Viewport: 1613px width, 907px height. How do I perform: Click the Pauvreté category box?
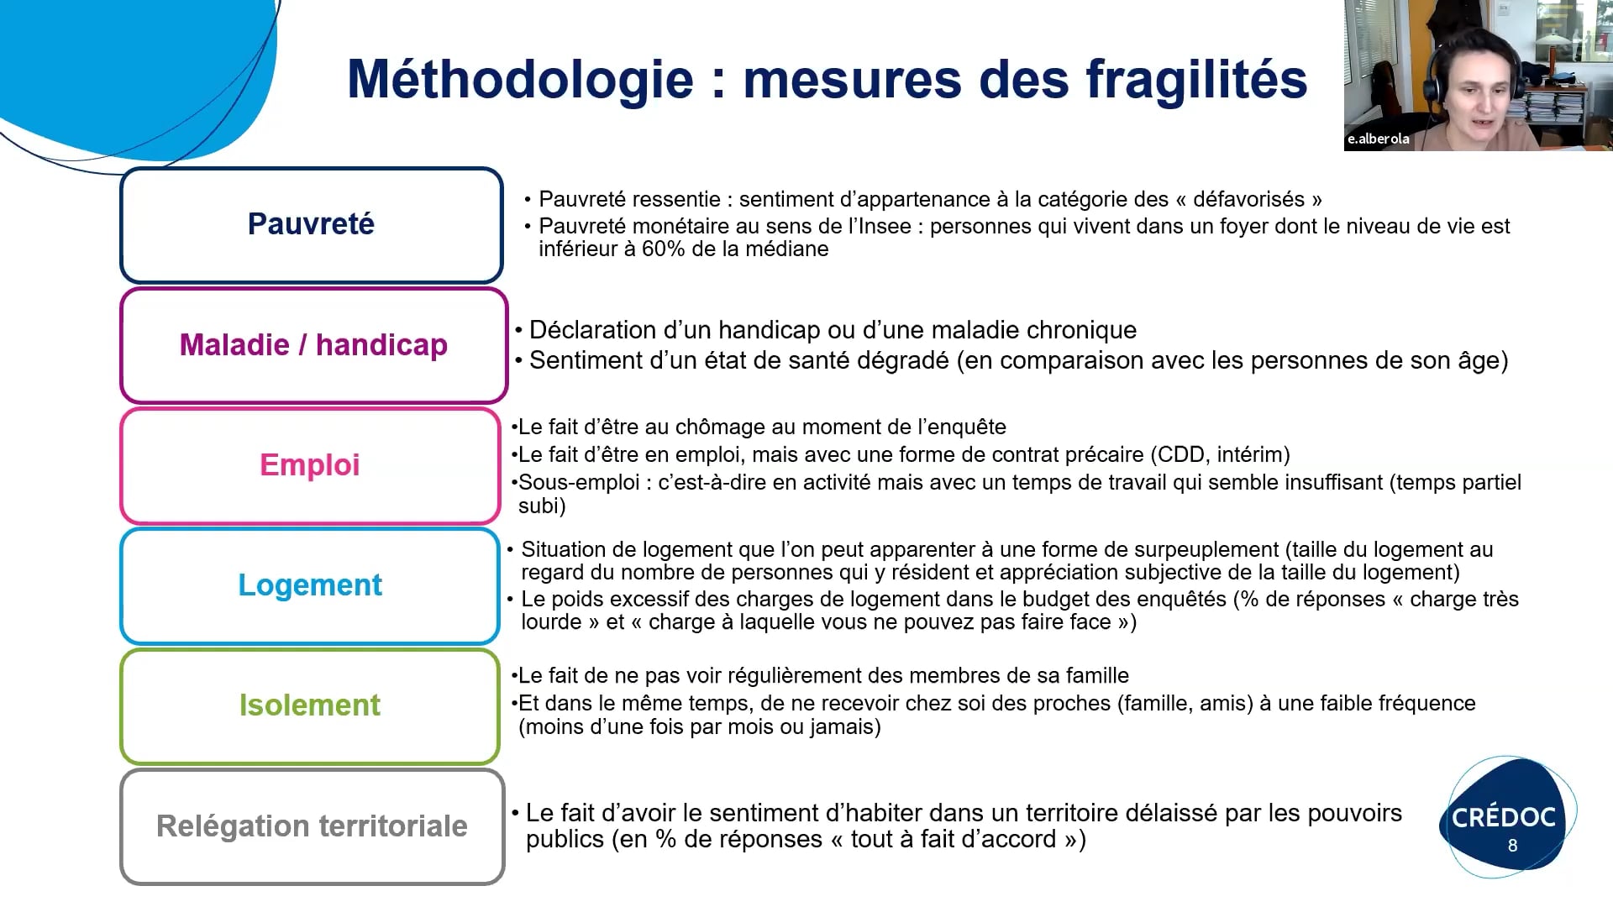(312, 225)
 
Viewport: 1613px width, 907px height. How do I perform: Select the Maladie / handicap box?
(313, 345)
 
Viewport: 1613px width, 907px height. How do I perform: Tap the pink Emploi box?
(310, 465)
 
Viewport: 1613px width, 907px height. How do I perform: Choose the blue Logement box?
(310, 585)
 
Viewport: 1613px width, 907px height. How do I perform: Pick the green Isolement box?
(310, 705)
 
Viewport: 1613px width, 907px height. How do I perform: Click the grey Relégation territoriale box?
(312, 826)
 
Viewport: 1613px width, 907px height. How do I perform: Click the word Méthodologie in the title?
(521, 80)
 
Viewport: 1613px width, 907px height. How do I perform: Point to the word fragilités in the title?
(1196, 80)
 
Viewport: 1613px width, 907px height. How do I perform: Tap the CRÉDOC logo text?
(1504, 817)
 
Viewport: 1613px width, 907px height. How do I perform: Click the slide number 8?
(1513, 846)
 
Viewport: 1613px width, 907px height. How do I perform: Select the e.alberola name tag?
(1379, 139)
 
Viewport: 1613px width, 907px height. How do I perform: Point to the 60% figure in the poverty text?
(664, 249)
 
